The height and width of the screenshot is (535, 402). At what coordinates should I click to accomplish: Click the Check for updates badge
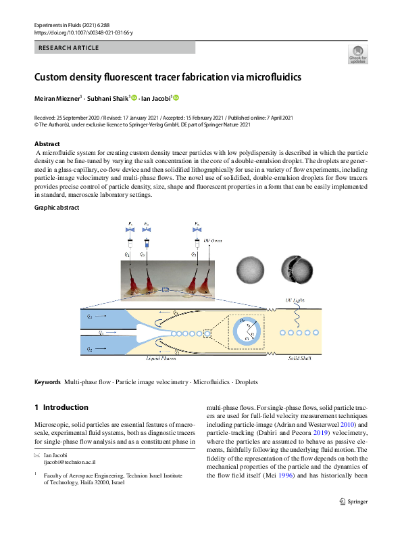pos(357,54)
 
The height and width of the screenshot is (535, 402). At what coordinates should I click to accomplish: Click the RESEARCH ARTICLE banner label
pos(69,48)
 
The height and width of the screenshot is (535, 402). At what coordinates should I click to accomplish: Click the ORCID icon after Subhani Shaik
pos(134,99)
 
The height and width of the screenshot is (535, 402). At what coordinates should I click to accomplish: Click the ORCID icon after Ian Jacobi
pos(177,99)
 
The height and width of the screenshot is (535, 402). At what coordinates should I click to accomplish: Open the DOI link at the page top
pos(83,32)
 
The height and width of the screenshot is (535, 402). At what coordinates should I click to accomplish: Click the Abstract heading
pos(47,144)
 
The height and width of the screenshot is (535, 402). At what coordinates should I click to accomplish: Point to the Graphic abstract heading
pos(57,207)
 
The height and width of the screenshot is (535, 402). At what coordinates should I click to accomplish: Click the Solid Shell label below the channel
pos(300,358)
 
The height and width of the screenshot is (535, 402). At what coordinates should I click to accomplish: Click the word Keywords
pos(47,383)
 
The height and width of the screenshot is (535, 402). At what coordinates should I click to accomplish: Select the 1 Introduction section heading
pos(61,408)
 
